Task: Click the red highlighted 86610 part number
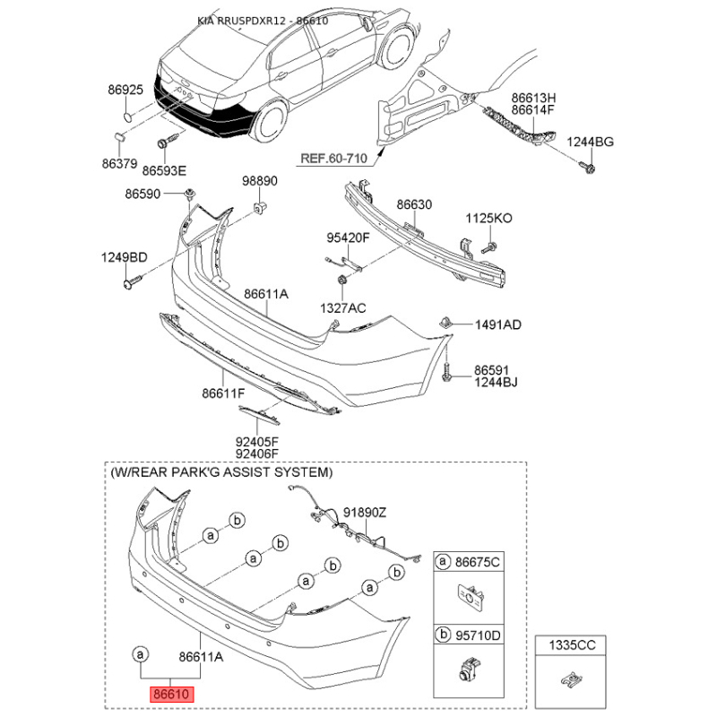[171, 694]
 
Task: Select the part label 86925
[125, 90]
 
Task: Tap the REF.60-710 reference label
[333, 159]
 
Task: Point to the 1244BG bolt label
[590, 142]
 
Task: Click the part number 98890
[260, 181]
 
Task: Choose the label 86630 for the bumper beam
[414, 204]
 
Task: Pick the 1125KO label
[488, 218]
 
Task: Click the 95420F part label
[348, 238]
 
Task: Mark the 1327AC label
[343, 308]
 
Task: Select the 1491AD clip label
[498, 324]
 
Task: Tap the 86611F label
[223, 393]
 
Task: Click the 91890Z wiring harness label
[365, 513]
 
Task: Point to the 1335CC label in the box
[572, 645]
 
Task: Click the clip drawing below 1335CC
[571, 679]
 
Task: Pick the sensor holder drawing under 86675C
[470, 597]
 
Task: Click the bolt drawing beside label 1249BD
[133, 281]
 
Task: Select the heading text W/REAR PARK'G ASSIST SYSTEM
[221, 472]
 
